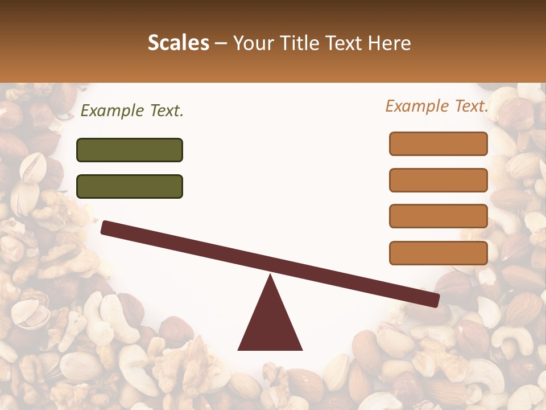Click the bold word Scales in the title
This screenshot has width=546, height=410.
click(178, 43)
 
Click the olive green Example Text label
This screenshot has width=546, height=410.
click(132, 111)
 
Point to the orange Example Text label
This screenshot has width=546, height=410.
click(437, 106)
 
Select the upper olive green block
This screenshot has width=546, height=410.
click(130, 150)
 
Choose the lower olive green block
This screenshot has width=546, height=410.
click(130, 186)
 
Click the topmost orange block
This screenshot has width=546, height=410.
click(438, 143)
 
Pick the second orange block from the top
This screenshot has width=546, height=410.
click(438, 180)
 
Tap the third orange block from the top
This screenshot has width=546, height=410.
click(438, 216)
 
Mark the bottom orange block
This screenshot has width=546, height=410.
click(438, 253)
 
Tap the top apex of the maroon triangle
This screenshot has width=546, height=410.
click(270, 276)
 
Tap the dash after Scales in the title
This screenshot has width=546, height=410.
click(221, 43)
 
